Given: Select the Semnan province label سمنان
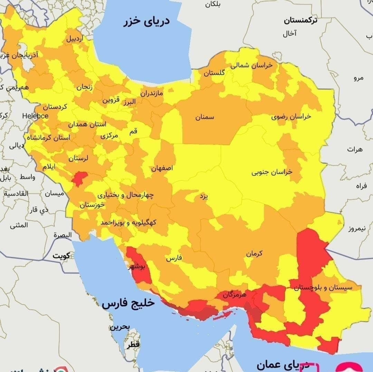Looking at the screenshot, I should [205, 117].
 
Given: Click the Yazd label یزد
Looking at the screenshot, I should [204, 197].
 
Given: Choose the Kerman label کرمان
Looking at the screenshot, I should [254, 253].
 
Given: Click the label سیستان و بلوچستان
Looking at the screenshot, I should [326, 287].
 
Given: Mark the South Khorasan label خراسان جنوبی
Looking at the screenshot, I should [271, 172].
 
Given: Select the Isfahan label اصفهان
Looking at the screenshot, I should [162, 169].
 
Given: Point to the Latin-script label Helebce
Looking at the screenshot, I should [36, 116].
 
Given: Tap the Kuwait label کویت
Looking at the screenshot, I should [61, 256].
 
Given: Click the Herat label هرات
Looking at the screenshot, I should [355, 149].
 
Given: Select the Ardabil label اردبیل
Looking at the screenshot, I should [75, 39].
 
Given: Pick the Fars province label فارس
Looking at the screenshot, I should [174, 258].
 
